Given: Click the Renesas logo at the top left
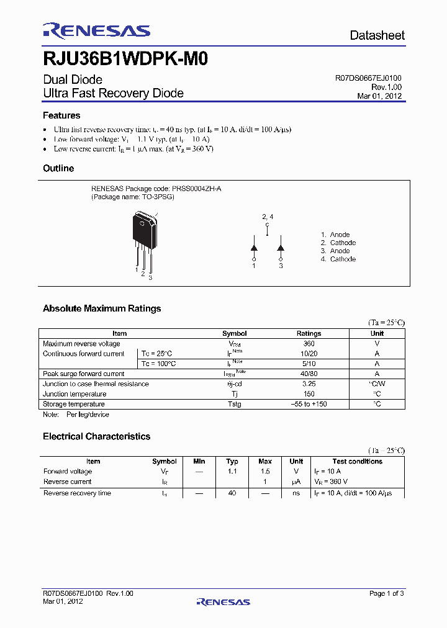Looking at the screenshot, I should tap(96, 31).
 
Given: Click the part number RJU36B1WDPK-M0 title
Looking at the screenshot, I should tap(125, 60).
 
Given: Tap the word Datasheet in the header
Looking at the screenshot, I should tap(377, 35).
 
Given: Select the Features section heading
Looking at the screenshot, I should tap(61, 115).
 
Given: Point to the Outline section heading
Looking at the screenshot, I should tap(58, 168).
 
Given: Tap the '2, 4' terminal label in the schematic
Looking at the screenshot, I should tap(267, 217).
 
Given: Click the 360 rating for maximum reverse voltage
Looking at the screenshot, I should tap(309, 344).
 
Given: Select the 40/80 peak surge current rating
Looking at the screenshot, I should tap(309, 374).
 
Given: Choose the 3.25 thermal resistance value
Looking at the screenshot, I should tap(309, 384).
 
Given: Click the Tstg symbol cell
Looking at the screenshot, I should tap(234, 404).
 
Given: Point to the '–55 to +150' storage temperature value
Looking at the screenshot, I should tap(309, 404).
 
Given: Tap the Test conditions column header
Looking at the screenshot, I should tap(357, 461).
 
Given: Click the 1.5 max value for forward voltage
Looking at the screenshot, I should tap(264, 472).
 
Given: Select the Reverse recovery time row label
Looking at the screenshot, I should tap(77, 493).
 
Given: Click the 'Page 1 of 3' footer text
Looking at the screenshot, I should tap(386, 593).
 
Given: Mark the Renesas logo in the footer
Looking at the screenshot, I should tap(223, 601).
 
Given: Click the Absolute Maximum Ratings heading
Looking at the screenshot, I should tap(102, 308).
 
